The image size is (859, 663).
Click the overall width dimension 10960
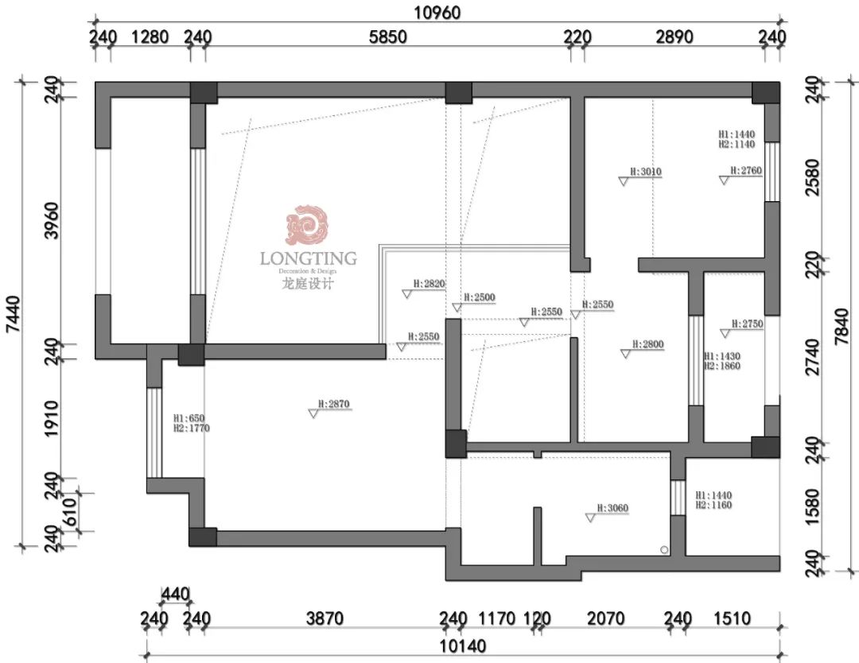[437, 12]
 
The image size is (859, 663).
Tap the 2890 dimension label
[674, 37]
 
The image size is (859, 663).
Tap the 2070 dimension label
[605, 618]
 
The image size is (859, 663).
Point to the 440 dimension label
[175, 593]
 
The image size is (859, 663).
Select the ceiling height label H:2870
[333, 405]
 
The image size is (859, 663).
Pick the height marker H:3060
[612, 509]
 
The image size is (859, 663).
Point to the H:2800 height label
[647, 344]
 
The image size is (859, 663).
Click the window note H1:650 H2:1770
[191, 423]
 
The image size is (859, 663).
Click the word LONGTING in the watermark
[308, 258]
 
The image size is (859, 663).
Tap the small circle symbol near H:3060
[664, 549]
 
